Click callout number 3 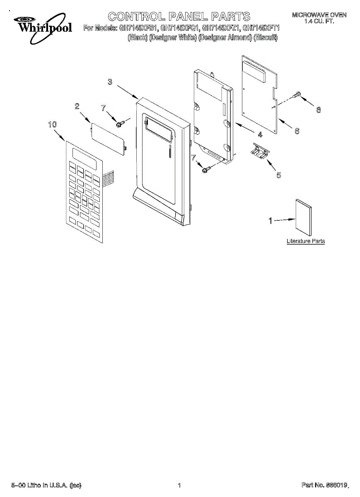coord(110,82)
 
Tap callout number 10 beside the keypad coord(52,124)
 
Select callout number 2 coord(77,106)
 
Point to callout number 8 coord(318,110)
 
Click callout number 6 coord(297,131)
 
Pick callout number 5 coord(278,175)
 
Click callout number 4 coord(260,135)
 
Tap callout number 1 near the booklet coord(271,221)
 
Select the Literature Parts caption coord(306,241)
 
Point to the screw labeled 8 coord(296,95)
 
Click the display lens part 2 coord(108,136)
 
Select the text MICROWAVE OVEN coord(319,15)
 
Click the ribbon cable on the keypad coord(108,178)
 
